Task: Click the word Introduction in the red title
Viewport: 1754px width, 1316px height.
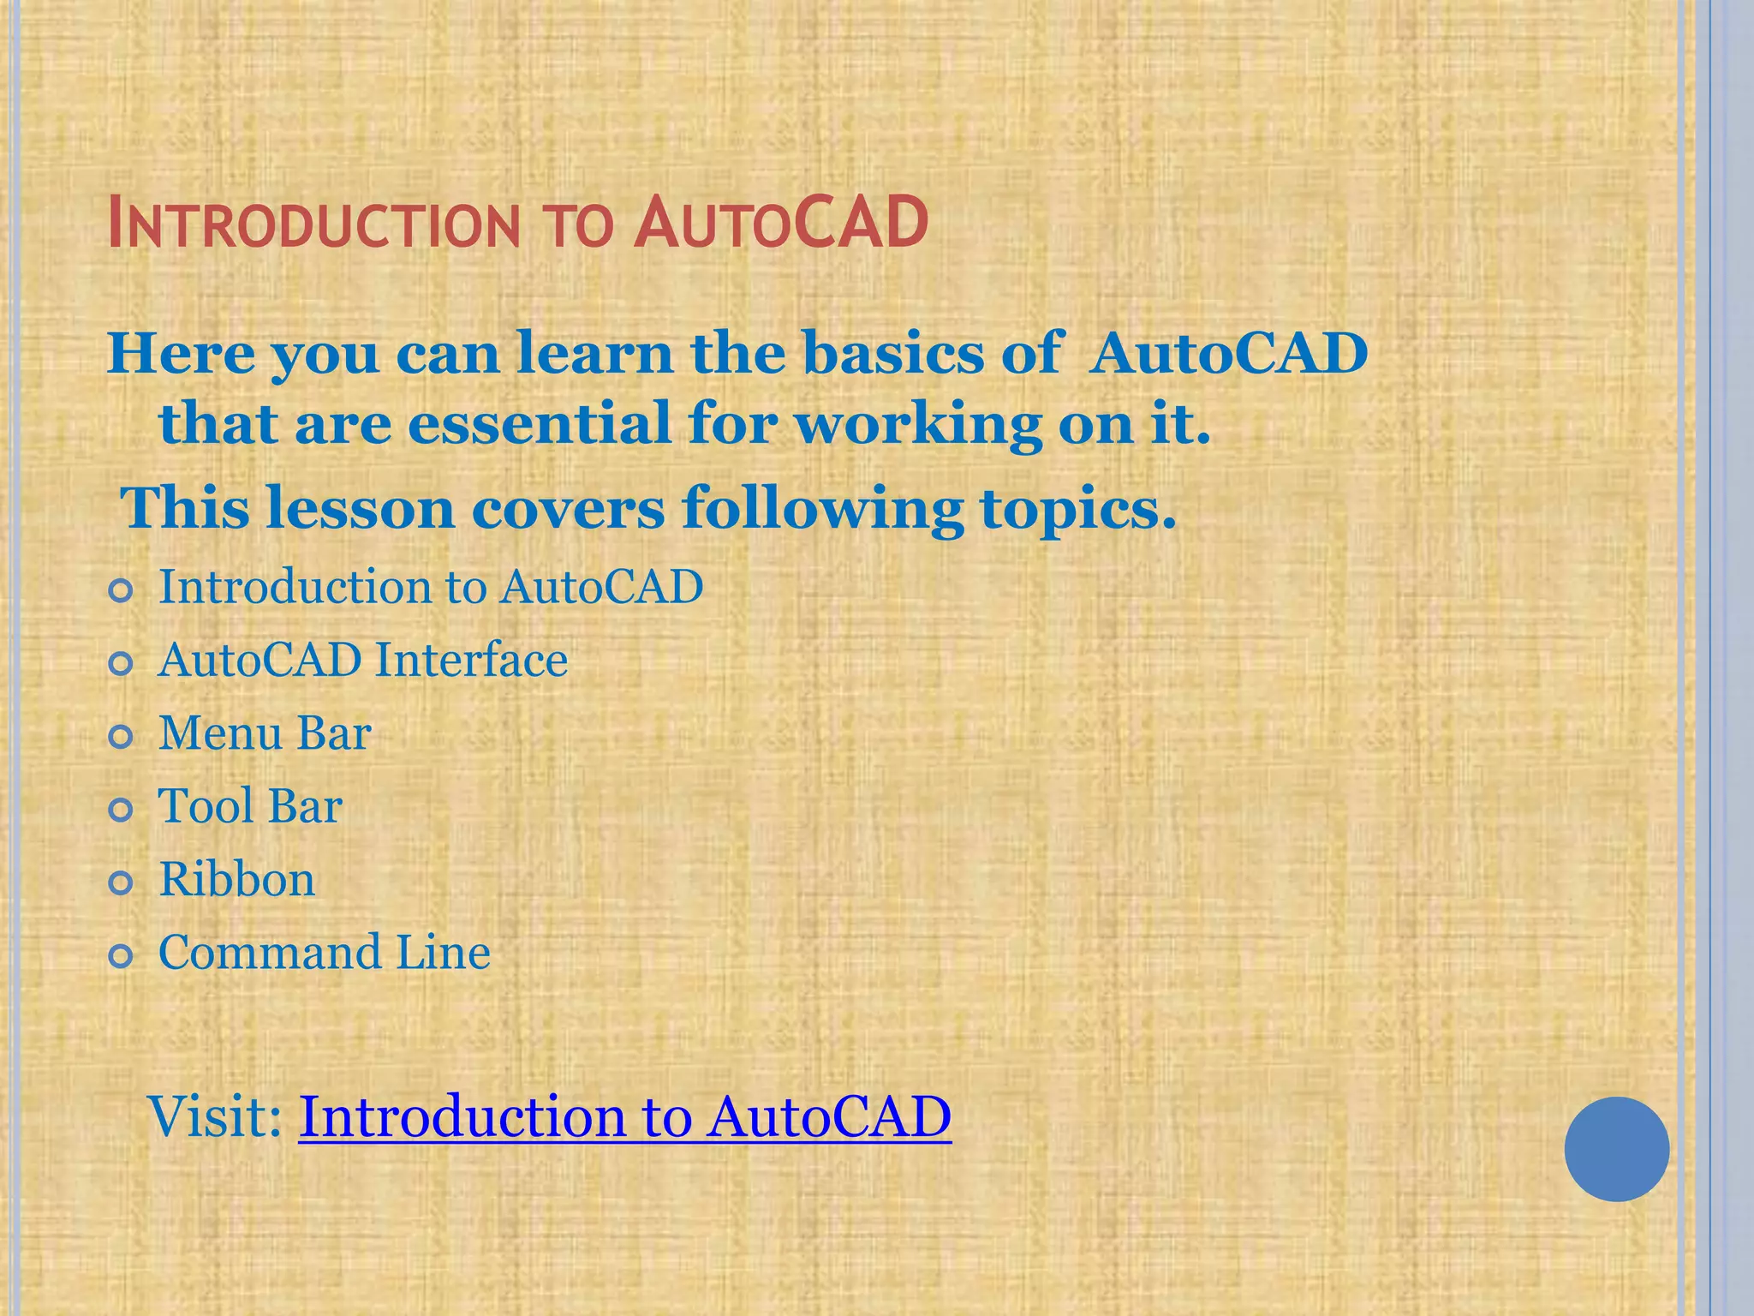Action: pyautogui.click(x=313, y=224)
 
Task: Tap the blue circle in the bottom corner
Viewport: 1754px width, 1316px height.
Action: pyautogui.click(x=1616, y=1149)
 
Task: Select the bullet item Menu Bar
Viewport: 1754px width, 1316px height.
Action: pyautogui.click(x=265, y=733)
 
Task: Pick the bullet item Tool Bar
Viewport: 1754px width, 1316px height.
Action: pyautogui.click(x=250, y=806)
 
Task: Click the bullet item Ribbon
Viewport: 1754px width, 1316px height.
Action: pyautogui.click(x=237, y=880)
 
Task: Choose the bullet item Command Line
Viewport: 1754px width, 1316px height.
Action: pyautogui.click(x=324, y=953)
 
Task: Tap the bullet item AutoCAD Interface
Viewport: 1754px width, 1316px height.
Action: pyautogui.click(x=362, y=661)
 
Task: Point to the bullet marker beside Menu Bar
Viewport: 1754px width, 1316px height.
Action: pyautogui.click(x=122, y=736)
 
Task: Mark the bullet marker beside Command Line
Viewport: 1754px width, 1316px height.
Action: pyautogui.click(x=122, y=955)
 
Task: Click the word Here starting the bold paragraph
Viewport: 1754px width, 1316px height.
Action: pyautogui.click(x=181, y=353)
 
